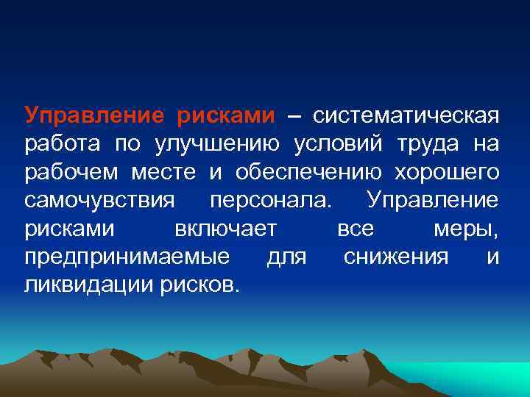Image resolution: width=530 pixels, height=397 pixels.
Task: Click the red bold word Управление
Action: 93,115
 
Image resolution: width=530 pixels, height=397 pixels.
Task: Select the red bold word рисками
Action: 225,115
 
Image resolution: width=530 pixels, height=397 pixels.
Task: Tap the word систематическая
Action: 406,115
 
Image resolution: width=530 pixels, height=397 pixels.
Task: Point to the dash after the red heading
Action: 293,116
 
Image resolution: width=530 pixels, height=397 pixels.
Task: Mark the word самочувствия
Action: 99,200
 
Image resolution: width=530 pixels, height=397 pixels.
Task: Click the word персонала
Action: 271,200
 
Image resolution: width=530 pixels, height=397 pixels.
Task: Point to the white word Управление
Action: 432,200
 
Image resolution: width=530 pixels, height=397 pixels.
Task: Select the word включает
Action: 226,229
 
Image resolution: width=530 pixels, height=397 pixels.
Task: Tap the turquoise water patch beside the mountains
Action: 478,379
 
